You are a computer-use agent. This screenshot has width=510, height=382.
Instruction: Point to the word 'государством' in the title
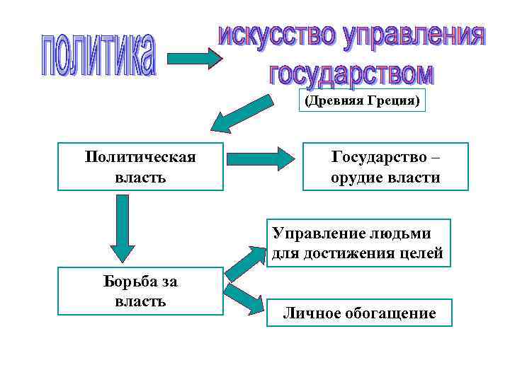(x=351, y=72)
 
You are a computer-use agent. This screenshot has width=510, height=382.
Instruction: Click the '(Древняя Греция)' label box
(x=362, y=100)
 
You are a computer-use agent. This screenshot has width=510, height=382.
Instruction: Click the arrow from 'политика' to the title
(x=194, y=57)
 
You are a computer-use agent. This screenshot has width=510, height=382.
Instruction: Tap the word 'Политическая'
(x=140, y=156)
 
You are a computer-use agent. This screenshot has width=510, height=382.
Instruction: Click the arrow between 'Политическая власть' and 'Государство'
(x=263, y=157)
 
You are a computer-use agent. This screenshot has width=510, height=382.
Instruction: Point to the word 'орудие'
(x=354, y=178)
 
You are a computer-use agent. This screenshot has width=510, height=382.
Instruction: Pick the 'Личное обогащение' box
(x=359, y=313)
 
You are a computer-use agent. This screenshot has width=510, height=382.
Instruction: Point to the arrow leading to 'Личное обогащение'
(x=244, y=299)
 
